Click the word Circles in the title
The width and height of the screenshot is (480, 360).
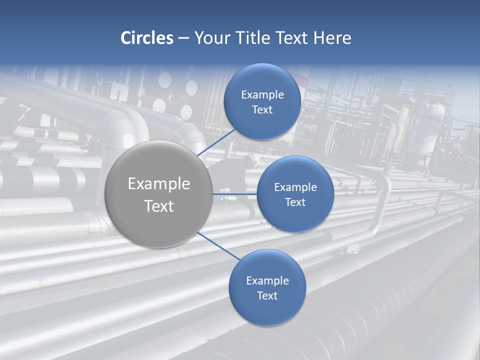point(146,38)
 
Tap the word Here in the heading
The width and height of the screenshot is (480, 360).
point(332,38)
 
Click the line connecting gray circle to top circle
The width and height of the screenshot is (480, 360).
point(216,142)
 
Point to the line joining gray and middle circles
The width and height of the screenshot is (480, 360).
point(235,194)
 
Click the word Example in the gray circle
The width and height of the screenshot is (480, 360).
point(159,184)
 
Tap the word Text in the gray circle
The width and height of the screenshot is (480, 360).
point(159,206)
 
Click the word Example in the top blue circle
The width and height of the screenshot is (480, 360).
point(262,95)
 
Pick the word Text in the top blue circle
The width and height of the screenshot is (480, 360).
point(262,110)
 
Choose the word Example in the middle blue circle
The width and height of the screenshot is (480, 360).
point(295,187)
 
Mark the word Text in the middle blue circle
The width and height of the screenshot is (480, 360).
point(295,202)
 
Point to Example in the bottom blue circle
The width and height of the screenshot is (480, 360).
point(267,281)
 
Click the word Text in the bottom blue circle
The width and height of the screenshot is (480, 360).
point(267,296)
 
